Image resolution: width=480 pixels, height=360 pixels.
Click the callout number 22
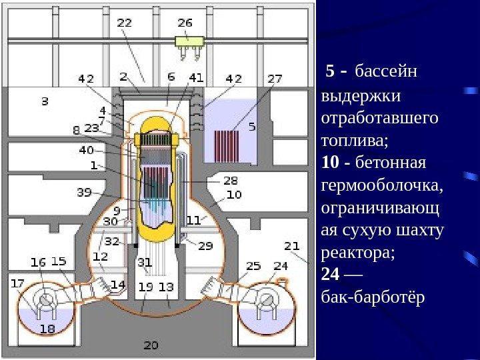click(x=125, y=23)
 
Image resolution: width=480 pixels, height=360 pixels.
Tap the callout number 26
click(x=185, y=22)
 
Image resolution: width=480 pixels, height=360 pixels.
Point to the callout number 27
click(x=275, y=78)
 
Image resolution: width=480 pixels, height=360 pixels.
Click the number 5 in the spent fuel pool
click(x=252, y=126)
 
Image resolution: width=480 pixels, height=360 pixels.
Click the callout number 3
click(x=45, y=102)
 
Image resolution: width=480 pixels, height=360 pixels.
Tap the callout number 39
click(x=84, y=193)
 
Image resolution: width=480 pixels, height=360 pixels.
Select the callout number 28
click(x=230, y=181)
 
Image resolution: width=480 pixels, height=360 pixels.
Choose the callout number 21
click(x=292, y=246)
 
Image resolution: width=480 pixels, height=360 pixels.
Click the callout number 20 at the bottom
click(x=151, y=345)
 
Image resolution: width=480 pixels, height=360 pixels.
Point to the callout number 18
click(x=47, y=328)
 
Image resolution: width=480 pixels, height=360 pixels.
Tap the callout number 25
click(x=253, y=266)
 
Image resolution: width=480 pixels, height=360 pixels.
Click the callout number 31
click(x=145, y=261)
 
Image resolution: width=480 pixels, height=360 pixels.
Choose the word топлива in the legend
click(x=353, y=141)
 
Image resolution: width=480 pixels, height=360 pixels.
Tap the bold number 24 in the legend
click(x=330, y=274)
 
